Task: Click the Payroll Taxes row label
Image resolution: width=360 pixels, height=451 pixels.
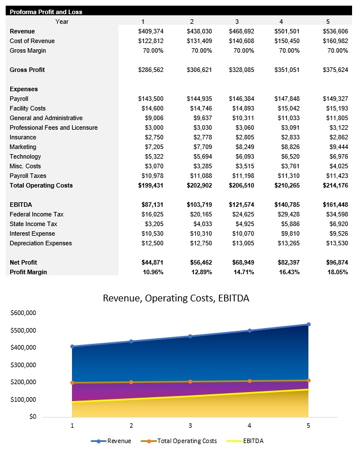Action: tap(28, 176)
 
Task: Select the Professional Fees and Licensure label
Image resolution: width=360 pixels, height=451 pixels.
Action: tap(53, 127)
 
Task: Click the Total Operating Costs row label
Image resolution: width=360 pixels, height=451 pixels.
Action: tap(41, 185)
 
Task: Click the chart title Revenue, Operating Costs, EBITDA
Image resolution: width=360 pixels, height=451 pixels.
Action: tap(176, 298)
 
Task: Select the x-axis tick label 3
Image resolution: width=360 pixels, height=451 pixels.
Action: tap(190, 426)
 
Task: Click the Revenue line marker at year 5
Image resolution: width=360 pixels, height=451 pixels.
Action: tap(308, 324)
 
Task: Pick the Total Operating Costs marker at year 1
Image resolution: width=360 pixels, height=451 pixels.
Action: tap(72, 383)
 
